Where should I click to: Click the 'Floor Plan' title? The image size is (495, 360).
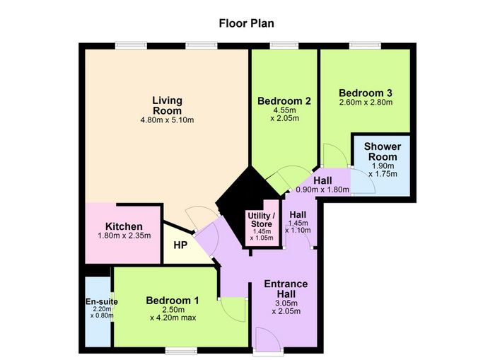[247, 23]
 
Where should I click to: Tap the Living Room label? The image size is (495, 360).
[167, 105]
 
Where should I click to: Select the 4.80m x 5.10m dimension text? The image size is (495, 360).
[167, 120]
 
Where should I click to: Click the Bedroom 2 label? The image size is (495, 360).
[284, 101]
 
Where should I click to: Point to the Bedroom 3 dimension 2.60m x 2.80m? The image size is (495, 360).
[366, 103]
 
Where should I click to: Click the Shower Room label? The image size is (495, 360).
[383, 151]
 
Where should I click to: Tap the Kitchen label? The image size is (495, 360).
[124, 226]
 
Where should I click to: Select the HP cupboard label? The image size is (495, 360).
[180, 245]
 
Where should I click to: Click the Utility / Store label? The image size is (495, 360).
[262, 220]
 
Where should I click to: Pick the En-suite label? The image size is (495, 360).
[102, 301]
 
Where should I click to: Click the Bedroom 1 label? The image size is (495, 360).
[173, 301]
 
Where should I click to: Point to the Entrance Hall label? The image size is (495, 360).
[286, 289]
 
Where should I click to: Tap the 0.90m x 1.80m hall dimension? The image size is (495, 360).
[322, 190]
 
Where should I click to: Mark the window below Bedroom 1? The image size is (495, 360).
[181, 351]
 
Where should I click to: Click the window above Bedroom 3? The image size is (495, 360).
[365, 45]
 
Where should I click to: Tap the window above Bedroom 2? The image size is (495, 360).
[284, 45]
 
